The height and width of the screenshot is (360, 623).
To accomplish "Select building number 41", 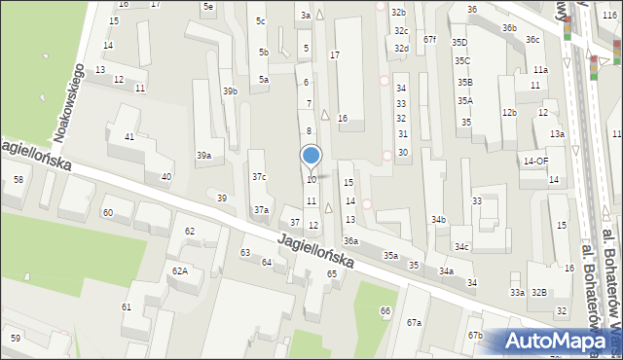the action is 128,136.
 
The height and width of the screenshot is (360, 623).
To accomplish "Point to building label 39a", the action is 203,156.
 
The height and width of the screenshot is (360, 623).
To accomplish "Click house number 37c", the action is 259,177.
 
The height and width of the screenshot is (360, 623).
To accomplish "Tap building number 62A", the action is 180,270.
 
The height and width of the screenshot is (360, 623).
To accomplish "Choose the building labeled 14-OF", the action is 536,161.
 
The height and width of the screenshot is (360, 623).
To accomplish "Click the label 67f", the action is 430,40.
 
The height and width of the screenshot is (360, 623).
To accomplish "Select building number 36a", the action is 350,241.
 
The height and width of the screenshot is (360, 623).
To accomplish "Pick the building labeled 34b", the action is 439,220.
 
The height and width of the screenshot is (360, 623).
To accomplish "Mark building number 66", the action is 385,310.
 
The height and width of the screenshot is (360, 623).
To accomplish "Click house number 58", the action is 18,180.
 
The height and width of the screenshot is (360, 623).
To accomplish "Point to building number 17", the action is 335,55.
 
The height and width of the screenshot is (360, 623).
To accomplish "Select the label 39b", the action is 230,90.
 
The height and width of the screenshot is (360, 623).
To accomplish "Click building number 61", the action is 127,307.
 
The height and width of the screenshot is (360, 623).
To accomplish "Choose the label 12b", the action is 509,113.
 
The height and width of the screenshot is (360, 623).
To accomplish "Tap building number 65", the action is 332,274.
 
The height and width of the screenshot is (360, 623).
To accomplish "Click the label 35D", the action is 460,43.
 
